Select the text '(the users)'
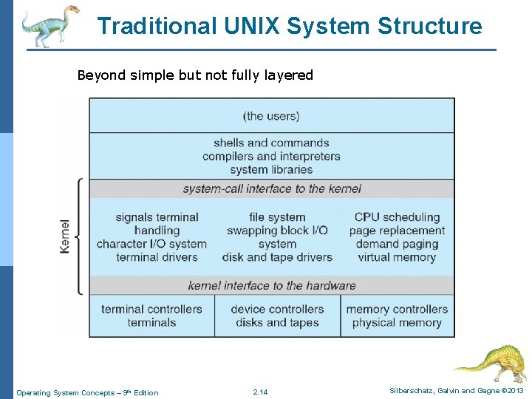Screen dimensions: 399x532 (x=271, y=116)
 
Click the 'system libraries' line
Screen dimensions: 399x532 (x=271, y=170)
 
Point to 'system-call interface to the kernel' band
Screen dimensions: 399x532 (x=272, y=189)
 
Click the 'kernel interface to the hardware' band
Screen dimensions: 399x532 (x=272, y=286)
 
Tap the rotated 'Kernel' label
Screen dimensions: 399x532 (x=66, y=236)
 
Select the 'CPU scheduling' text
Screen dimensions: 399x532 (x=397, y=217)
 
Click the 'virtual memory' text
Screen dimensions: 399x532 (x=397, y=257)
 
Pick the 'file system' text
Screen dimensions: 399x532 (x=277, y=217)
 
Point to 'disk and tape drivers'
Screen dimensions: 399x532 (x=277, y=257)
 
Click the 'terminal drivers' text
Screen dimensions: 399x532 (x=157, y=257)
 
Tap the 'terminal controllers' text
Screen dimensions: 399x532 (x=151, y=309)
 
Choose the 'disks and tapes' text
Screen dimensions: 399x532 (x=277, y=322)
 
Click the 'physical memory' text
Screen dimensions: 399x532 (x=397, y=322)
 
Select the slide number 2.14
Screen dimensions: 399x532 (x=260, y=392)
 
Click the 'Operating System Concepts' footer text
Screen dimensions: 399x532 (x=66, y=392)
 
